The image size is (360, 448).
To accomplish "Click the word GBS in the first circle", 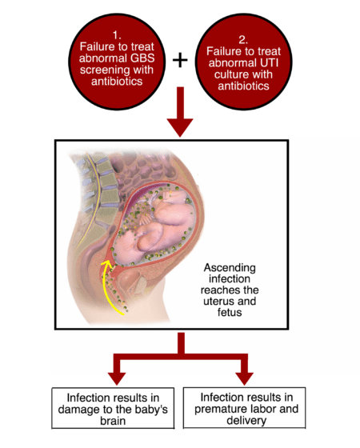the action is tap(142, 58).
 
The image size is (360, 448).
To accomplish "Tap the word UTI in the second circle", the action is tap(268, 62).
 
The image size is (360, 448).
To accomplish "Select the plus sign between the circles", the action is tap(180, 60).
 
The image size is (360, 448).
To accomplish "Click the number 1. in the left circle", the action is tap(117, 35).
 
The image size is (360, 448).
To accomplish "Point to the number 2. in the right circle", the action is tap(243, 40).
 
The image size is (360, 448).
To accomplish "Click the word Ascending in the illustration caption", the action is tap(230, 268).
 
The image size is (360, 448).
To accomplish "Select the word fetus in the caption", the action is tap(230, 312).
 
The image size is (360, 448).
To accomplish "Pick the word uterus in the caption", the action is tap(220, 302).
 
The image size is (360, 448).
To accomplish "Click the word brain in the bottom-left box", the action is tap(113, 421).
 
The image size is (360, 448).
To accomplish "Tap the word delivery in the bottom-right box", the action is tap(246, 421).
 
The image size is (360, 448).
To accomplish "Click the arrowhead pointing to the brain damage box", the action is tap(117, 378).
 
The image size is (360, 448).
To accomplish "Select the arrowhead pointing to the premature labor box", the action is tap(244, 378).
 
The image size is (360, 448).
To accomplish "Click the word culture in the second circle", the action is tap(227, 74).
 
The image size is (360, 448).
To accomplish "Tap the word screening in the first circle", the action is tap(105, 70).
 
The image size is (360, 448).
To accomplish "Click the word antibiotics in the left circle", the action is tap(117, 82).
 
